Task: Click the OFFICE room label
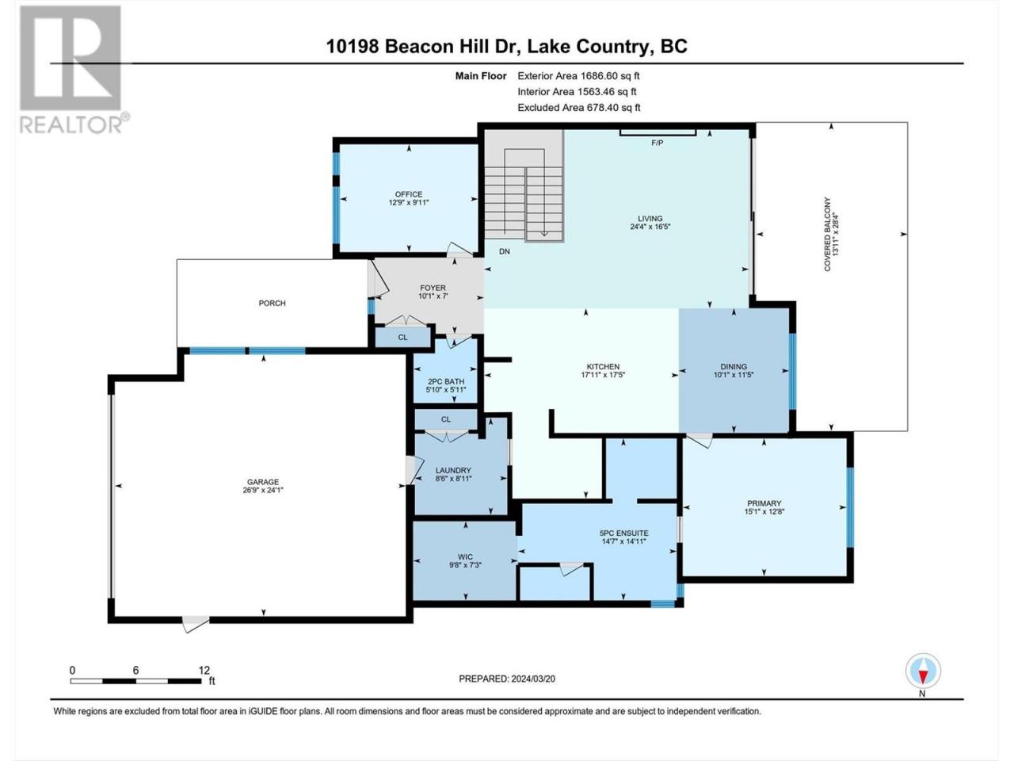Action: pos(408,194)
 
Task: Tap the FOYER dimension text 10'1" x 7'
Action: pos(433,296)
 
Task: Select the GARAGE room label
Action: pos(263,482)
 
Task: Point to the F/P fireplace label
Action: pos(657,143)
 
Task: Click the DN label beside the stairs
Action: pos(505,251)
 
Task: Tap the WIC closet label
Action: pos(465,556)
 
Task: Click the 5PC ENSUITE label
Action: pos(623,533)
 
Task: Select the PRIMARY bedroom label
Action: pos(764,503)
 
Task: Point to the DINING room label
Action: pos(734,366)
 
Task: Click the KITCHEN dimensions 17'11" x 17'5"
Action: pos(603,375)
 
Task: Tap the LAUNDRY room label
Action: pos(453,470)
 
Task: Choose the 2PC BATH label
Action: pos(446,381)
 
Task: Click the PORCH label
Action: pos(272,303)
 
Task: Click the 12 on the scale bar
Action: pos(204,671)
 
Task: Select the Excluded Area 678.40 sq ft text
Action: pos(579,108)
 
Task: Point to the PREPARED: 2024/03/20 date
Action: pos(507,679)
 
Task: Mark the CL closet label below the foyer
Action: pos(403,338)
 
